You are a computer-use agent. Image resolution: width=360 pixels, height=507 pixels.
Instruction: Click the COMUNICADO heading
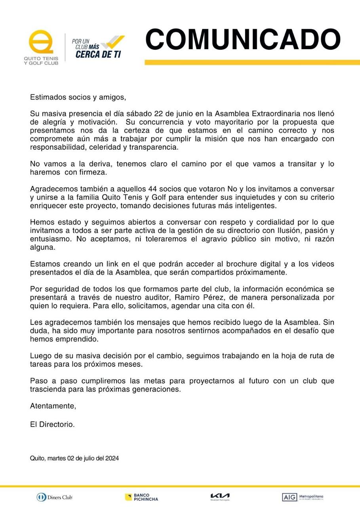click(x=243, y=39)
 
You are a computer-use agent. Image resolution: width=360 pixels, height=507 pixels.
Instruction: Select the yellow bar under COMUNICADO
click(x=252, y=63)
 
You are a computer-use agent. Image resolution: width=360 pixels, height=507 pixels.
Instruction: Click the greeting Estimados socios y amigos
click(x=78, y=97)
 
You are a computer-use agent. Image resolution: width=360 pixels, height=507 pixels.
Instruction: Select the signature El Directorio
click(x=52, y=424)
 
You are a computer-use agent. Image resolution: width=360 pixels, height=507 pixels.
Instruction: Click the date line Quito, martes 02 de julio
click(x=74, y=458)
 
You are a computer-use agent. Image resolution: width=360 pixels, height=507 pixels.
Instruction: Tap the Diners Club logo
click(x=55, y=497)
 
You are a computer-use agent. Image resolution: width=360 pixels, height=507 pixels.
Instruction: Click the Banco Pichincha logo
click(x=141, y=497)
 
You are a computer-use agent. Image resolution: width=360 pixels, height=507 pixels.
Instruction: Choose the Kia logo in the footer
click(x=220, y=496)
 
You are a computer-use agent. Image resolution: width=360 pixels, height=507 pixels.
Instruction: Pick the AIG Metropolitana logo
click(x=303, y=497)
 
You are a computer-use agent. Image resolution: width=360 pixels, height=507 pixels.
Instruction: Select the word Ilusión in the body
click(x=305, y=231)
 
